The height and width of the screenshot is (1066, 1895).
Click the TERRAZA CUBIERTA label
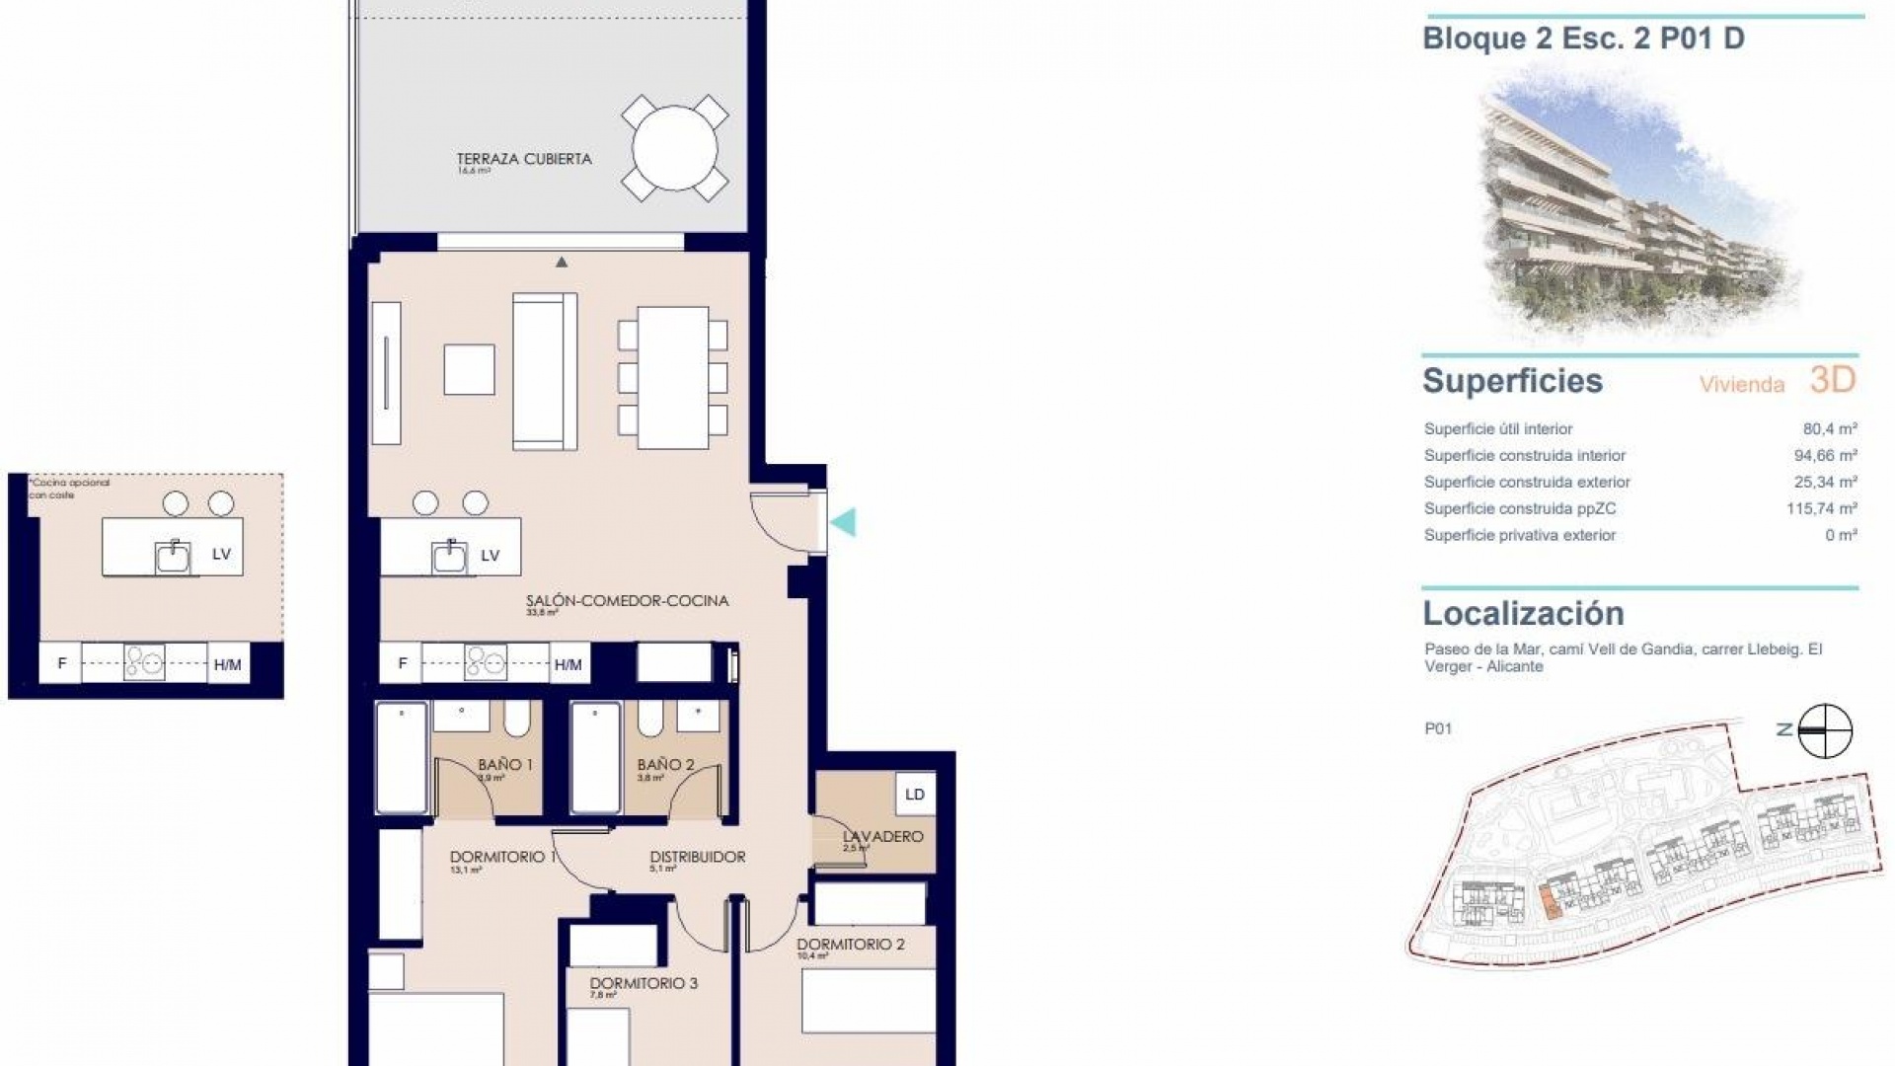[x=524, y=159]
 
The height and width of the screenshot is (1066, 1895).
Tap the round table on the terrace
[x=674, y=149]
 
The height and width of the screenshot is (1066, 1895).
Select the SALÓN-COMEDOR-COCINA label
[x=627, y=600]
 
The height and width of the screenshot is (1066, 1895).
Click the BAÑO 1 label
[x=505, y=764]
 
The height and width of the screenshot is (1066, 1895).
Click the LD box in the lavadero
[x=915, y=795]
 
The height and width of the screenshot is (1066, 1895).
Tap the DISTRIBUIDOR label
[x=697, y=857]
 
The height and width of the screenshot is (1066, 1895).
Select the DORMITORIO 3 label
[x=644, y=983]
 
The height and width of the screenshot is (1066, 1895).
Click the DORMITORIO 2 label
[x=851, y=944]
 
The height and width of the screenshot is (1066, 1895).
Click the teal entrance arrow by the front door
[x=843, y=522]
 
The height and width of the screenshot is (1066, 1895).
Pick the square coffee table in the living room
[x=469, y=369]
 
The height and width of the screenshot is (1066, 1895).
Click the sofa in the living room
[x=544, y=372]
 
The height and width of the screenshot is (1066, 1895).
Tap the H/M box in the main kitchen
[x=568, y=664]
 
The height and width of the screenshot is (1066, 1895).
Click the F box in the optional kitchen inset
[x=61, y=663]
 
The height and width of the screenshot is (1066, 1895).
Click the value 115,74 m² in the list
[x=1824, y=509]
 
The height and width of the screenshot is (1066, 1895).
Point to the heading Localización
[x=1523, y=614]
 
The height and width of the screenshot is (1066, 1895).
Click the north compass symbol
[x=1823, y=731]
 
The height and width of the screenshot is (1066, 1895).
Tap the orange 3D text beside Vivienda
[x=1833, y=380]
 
